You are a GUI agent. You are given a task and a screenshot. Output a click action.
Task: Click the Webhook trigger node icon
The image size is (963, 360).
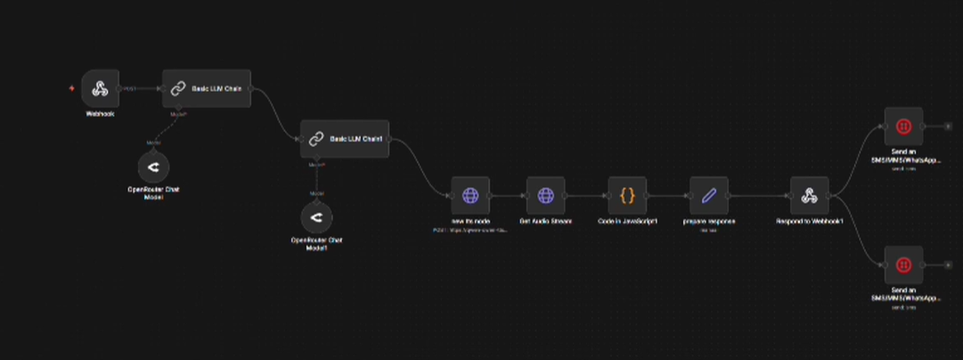(x=101, y=88)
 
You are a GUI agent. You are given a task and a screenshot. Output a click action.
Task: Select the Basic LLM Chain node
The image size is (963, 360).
(x=207, y=88)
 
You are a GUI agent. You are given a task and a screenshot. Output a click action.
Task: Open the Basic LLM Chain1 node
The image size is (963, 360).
(x=345, y=139)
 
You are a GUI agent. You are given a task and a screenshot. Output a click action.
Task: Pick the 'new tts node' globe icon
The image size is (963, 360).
(x=470, y=195)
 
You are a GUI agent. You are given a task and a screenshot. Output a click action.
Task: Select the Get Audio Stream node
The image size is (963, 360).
(x=545, y=195)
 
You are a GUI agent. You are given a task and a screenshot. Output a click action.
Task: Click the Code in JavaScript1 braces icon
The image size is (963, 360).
(x=627, y=195)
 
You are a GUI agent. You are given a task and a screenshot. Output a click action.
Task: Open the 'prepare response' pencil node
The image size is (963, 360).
(x=709, y=195)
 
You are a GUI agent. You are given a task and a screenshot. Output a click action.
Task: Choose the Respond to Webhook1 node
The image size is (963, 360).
(x=809, y=195)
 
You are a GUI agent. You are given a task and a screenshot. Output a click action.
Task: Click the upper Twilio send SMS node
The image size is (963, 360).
(x=903, y=127)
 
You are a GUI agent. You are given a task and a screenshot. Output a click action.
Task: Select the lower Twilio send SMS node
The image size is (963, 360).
(x=903, y=265)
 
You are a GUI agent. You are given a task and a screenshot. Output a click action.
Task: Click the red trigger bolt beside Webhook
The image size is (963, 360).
(x=72, y=88)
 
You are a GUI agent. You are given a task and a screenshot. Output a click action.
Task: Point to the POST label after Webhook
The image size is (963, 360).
(x=129, y=88)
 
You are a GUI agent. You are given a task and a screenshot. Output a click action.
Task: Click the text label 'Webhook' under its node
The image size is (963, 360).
(x=100, y=114)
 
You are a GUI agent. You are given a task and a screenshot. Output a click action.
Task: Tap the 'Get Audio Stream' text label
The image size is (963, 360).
(x=545, y=220)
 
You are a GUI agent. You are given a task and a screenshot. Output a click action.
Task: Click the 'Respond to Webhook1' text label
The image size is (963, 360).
(x=809, y=220)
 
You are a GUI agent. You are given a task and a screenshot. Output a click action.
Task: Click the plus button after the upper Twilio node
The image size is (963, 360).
(x=947, y=127)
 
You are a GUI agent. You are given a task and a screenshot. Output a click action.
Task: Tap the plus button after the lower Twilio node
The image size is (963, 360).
(x=947, y=265)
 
